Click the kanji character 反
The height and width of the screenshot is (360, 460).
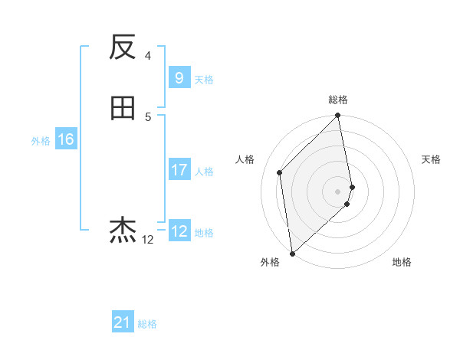coord(123,48)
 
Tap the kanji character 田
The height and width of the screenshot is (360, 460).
coord(123,109)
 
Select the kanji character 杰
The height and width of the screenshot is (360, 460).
coord(123,229)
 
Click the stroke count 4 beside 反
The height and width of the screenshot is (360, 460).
coord(148,55)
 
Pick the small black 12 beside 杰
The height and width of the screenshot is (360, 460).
coord(147,240)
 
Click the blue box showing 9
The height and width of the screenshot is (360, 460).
coord(179,77)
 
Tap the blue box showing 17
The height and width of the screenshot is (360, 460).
coord(179,170)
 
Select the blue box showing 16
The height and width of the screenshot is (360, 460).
coord(65,139)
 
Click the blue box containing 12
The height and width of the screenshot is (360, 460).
coord(179,231)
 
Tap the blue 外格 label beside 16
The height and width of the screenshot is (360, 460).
coord(41,141)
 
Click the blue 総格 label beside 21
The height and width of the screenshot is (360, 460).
coord(147,324)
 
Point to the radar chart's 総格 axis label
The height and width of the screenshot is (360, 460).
coord(338,100)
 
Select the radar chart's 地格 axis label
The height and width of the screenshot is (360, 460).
coord(402,262)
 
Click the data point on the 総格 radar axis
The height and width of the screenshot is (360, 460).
coord(338,116)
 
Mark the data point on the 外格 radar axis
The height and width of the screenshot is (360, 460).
coord(292,253)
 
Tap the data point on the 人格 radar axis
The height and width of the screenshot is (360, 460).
coord(280,172)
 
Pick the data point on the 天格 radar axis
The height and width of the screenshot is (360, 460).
coord(352,186)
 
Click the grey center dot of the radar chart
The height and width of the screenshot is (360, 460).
coord(338,191)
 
